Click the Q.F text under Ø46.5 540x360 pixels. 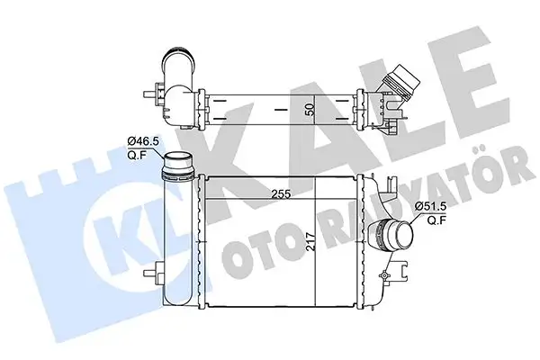tap(136, 154)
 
